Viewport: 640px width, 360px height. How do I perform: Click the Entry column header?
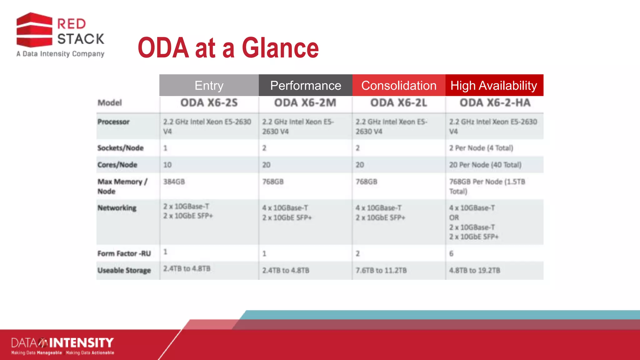click(209, 85)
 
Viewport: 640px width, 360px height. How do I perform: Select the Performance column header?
click(305, 85)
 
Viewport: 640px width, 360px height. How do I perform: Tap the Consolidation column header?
click(398, 85)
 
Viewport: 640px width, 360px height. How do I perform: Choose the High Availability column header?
click(494, 85)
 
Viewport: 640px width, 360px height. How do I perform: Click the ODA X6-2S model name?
click(209, 103)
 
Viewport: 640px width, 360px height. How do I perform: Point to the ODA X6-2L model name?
click(398, 103)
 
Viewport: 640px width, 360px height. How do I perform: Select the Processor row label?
click(113, 122)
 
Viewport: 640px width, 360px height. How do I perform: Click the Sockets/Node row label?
click(120, 148)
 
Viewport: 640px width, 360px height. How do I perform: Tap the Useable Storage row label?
click(124, 270)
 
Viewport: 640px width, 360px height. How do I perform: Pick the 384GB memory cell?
click(174, 182)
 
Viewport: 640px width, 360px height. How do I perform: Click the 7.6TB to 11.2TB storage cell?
click(381, 270)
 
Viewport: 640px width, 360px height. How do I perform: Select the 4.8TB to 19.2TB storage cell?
click(474, 270)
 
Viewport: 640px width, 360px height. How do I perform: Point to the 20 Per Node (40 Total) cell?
click(485, 165)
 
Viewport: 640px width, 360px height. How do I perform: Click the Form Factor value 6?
click(451, 253)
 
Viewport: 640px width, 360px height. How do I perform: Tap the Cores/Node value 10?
click(167, 165)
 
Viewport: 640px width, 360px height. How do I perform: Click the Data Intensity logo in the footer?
click(62, 345)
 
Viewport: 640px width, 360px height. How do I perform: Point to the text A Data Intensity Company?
click(60, 54)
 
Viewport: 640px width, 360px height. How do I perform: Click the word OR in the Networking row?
click(454, 217)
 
